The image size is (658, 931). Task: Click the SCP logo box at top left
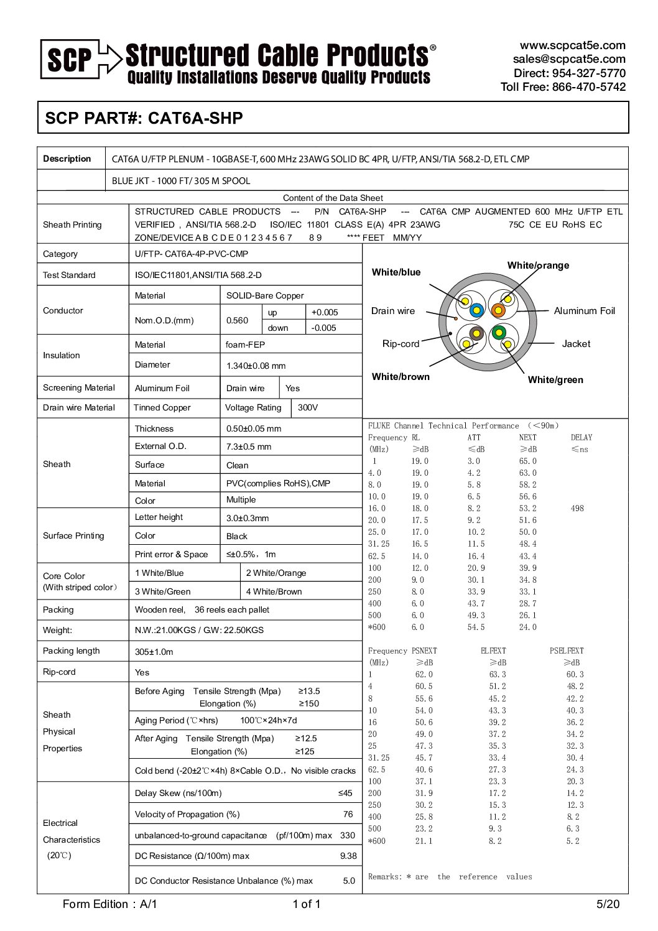tap(70, 59)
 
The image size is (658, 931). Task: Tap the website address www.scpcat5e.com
tap(572, 45)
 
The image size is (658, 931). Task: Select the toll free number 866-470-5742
tap(588, 87)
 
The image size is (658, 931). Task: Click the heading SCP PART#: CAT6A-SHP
tap(144, 118)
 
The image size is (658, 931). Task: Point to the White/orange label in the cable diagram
tap(538, 266)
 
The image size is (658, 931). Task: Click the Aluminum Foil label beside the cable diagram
tap(584, 311)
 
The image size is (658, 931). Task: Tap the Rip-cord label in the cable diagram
tap(401, 344)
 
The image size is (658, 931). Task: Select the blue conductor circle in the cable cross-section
tap(477, 310)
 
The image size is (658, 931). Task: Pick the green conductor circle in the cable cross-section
tap(498, 332)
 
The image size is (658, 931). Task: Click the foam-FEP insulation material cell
tap(239, 345)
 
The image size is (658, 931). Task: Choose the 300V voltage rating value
tap(308, 407)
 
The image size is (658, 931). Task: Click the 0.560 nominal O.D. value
tap(237, 320)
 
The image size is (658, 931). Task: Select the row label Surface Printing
tap(73, 535)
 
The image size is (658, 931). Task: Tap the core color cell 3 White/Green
tap(163, 591)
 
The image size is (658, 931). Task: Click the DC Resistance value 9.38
tap(348, 856)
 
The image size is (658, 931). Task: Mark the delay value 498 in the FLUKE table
tap(577, 508)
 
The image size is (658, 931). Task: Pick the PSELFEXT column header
tap(567, 651)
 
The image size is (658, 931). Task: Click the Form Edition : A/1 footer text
tap(110, 904)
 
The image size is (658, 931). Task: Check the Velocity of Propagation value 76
tap(348, 814)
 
